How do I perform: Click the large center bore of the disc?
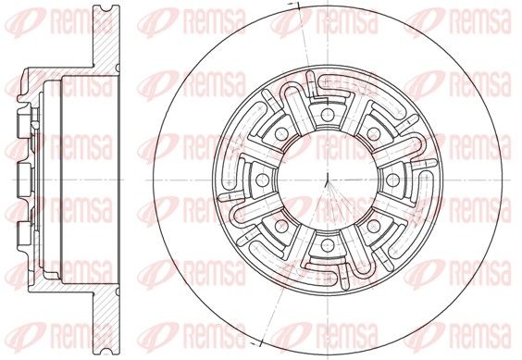[x=328, y=180]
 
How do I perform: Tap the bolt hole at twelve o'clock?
[x=328, y=115]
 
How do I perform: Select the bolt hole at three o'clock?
[x=392, y=180]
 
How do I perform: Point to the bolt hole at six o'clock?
[x=328, y=245]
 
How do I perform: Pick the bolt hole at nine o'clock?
[x=262, y=180]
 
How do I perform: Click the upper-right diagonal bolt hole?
[x=374, y=134]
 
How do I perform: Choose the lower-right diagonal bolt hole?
[x=374, y=227]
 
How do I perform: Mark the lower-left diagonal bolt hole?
[x=281, y=227]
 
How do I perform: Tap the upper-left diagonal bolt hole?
[x=281, y=134]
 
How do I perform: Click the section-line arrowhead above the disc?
[x=294, y=5]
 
